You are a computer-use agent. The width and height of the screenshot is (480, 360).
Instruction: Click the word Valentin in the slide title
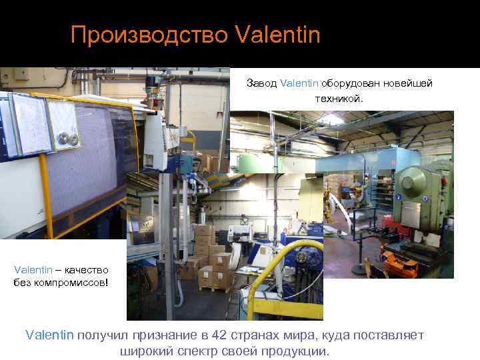pyautogui.click(x=278, y=34)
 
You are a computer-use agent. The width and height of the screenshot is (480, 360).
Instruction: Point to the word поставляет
pyautogui.click(x=389, y=335)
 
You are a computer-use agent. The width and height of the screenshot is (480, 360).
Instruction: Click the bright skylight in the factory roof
pyautogui.click(x=332, y=119)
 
